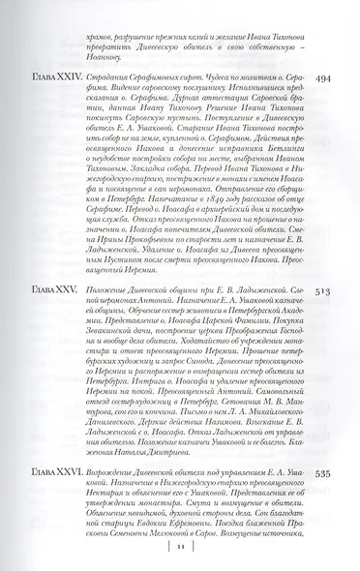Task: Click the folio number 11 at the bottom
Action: (x=180, y=547)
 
